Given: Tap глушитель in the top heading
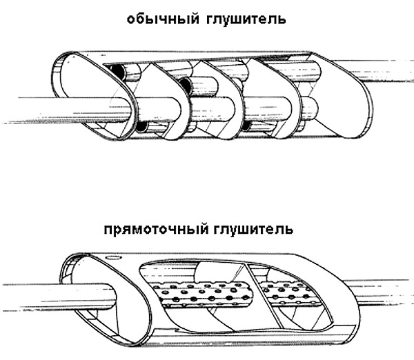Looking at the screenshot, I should [246, 20].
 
